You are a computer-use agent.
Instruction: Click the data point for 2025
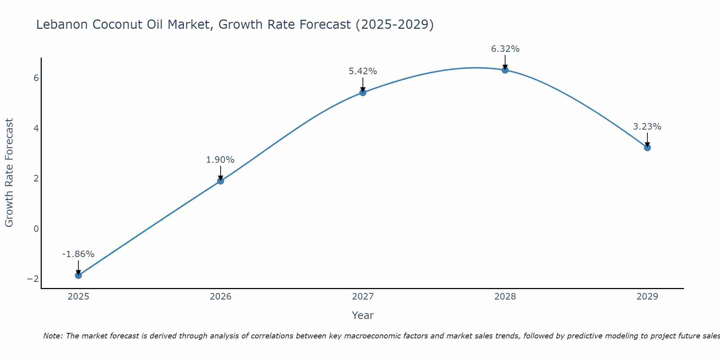click(78, 275)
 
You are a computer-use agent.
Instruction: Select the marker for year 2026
click(221, 181)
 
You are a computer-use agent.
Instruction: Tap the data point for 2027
click(363, 93)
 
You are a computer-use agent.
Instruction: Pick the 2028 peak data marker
click(505, 70)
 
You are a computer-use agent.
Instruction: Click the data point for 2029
click(647, 148)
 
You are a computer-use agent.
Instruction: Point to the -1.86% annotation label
click(78, 254)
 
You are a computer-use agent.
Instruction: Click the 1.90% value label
click(220, 160)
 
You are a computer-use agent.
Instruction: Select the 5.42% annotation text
click(363, 71)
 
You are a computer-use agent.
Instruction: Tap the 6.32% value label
click(505, 49)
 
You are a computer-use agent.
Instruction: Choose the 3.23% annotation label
click(647, 127)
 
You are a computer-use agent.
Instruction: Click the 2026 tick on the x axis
click(221, 297)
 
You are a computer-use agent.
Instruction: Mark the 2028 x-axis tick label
click(505, 297)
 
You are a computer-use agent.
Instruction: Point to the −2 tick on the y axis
click(33, 279)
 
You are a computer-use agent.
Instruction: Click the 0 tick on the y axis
click(36, 229)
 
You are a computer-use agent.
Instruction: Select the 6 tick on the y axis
click(36, 78)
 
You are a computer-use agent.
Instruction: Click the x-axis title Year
click(363, 315)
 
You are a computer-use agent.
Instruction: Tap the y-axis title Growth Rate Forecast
click(9, 173)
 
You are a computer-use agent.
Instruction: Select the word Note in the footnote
click(53, 336)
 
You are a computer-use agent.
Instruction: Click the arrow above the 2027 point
click(363, 85)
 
